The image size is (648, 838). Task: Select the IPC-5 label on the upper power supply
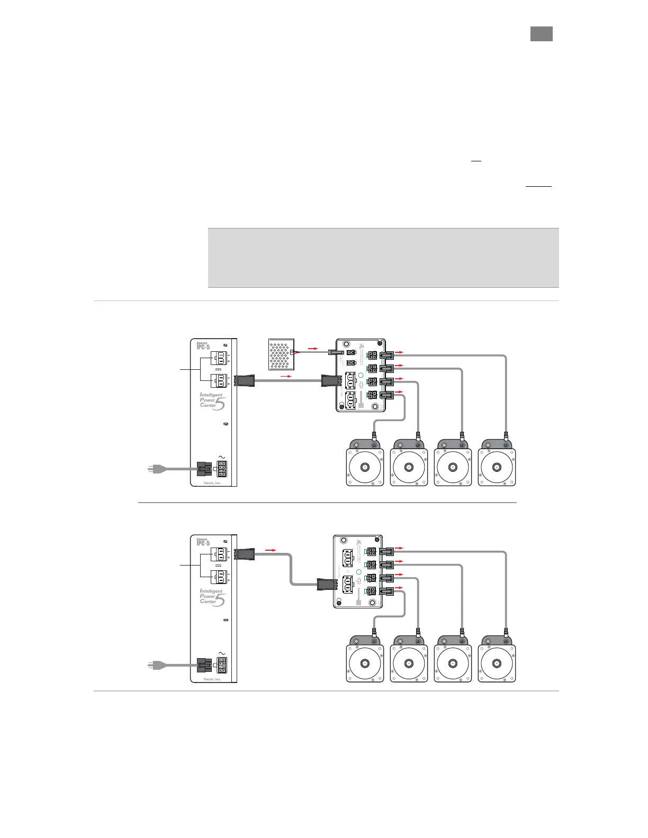[203, 347]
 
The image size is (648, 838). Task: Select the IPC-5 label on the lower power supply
[203, 542]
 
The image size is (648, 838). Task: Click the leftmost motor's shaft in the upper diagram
[365, 467]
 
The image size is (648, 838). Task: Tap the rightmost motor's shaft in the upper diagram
[497, 467]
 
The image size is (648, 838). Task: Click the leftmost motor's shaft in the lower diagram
[365, 663]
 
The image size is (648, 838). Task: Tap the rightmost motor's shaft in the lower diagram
[497, 663]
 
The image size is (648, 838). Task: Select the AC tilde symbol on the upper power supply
[221, 457]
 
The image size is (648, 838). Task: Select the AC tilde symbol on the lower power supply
[221, 653]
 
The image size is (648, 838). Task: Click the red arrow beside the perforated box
[312, 349]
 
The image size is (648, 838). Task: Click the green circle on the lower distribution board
[359, 571]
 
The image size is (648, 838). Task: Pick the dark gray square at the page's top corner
[542, 34]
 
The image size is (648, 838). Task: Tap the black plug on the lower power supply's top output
[246, 554]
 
